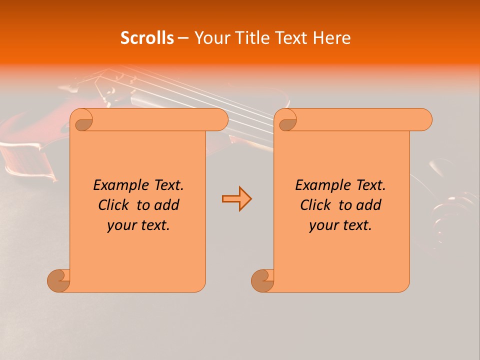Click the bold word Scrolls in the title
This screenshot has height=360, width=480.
click(x=147, y=38)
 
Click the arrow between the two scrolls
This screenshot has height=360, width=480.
click(x=236, y=199)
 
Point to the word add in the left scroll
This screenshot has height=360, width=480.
click(x=167, y=205)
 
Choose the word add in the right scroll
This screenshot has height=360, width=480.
click(x=369, y=205)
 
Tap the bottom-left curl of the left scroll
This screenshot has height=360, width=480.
click(x=58, y=280)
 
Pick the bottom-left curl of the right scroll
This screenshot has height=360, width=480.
click(x=262, y=280)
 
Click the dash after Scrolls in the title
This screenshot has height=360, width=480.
click(x=183, y=38)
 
